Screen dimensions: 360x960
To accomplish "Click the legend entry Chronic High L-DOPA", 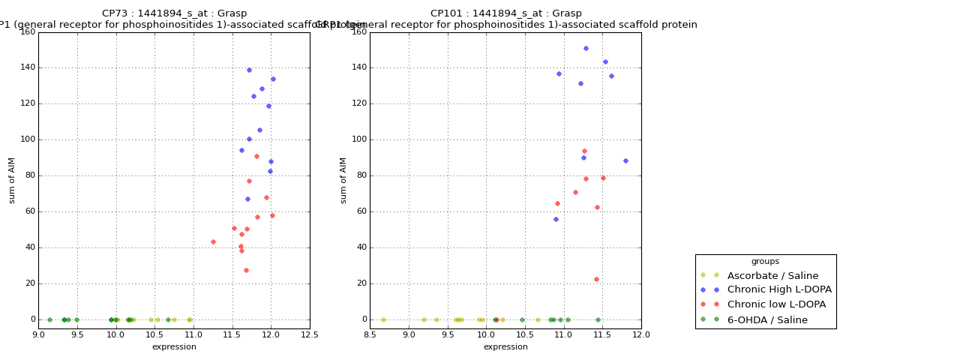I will [x=779, y=289].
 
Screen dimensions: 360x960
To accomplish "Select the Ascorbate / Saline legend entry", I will [x=772, y=275].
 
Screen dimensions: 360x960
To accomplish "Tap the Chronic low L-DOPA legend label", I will [x=776, y=304].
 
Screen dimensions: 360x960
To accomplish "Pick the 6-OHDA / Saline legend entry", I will [x=767, y=319].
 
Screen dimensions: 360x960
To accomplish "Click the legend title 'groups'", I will [x=765, y=262].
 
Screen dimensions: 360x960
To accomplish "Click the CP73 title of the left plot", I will [x=174, y=13].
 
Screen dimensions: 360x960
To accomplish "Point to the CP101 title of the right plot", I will [x=505, y=13].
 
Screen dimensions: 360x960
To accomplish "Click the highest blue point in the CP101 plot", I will [x=586, y=48].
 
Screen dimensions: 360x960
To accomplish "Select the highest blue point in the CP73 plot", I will [x=249, y=70].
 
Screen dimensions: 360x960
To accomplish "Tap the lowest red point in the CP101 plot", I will [x=596, y=279].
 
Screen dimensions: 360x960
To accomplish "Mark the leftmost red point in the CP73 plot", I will [x=213, y=241].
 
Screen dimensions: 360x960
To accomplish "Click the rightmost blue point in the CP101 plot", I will [x=625, y=160].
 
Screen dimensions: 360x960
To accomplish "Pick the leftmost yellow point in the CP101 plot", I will [x=383, y=319].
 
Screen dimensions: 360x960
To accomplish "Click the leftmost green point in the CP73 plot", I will [x=49, y=319].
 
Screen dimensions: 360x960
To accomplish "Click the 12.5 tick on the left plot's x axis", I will [x=309, y=334].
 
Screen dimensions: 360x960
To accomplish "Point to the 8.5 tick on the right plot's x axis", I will [x=370, y=334].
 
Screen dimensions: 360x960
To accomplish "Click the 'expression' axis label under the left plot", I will [x=174, y=346].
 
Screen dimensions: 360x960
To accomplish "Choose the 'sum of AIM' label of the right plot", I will [x=344, y=180].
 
